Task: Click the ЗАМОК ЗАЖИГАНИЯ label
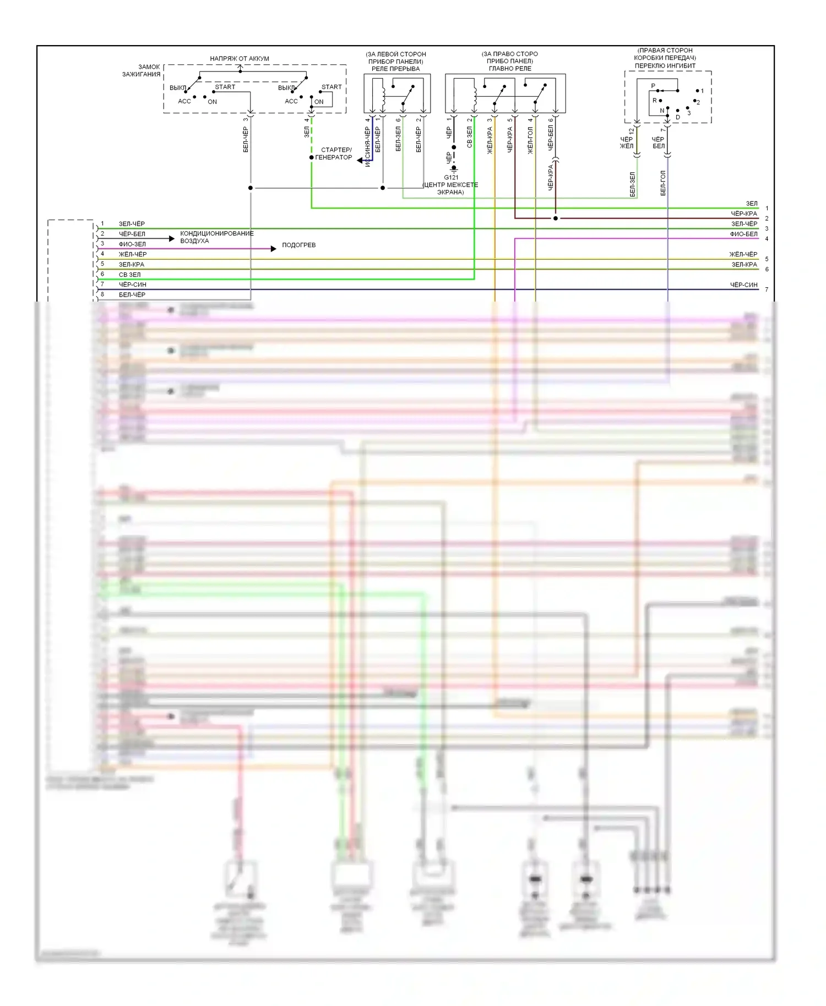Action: coord(142,70)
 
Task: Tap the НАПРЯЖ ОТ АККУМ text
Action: coord(240,58)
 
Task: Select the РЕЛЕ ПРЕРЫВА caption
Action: coord(395,69)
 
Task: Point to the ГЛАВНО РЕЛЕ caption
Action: coord(510,69)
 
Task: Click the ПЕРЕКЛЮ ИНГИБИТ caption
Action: coord(665,65)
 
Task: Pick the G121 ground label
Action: coord(451,177)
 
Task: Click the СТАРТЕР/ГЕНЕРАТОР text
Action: coord(334,154)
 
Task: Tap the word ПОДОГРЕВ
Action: coord(298,245)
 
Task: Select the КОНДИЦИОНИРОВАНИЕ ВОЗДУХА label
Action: coord(216,237)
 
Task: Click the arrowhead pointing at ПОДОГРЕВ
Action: coord(273,249)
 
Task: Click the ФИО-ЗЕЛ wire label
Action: coord(132,244)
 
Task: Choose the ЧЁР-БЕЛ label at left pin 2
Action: coord(132,234)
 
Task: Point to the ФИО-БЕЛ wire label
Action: coord(743,234)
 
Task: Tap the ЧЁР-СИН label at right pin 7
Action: coord(743,285)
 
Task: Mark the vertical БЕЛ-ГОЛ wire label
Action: coord(663,183)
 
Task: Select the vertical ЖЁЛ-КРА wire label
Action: coord(490,140)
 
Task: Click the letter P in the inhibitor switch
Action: coord(653,86)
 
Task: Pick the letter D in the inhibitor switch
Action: coord(678,117)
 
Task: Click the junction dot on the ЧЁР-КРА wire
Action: coord(555,218)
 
